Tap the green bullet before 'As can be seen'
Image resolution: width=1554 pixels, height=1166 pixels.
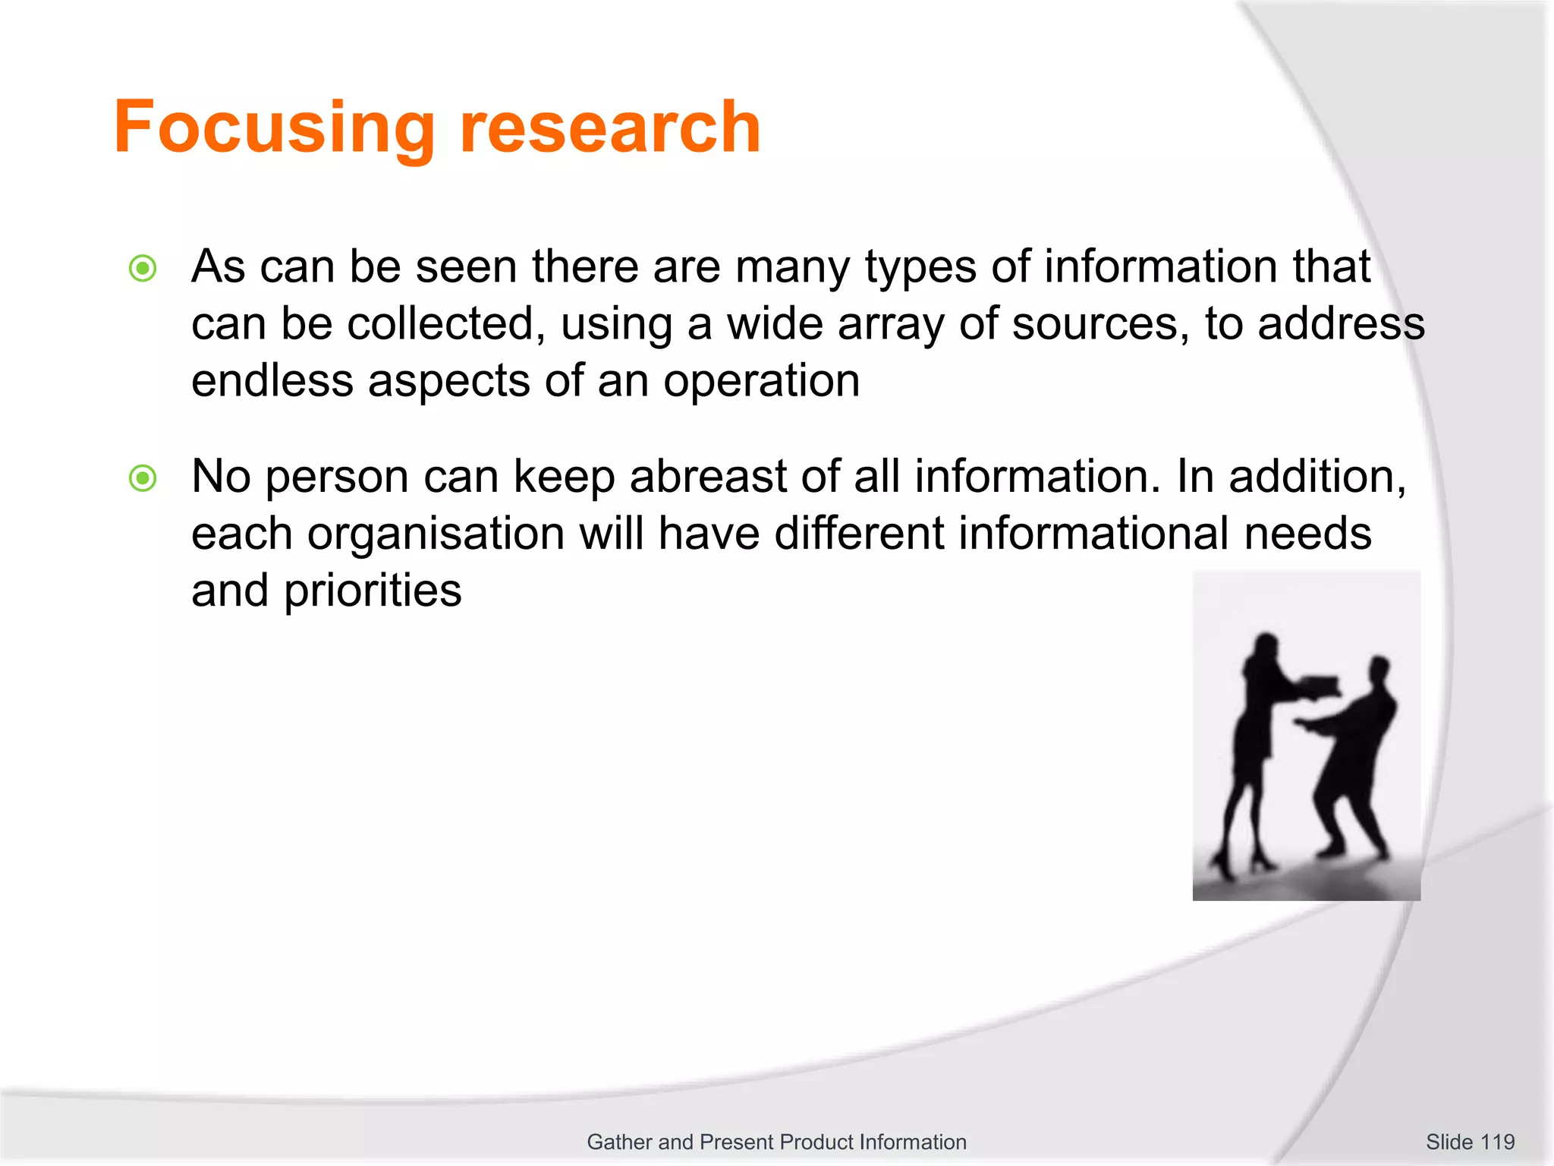tap(143, 268)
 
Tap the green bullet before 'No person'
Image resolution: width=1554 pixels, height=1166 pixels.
tap(143, 478)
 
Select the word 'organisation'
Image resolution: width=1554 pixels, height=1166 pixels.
tap(436, 534)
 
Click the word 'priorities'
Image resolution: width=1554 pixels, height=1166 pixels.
tap(372, 591)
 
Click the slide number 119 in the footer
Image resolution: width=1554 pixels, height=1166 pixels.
tap(1496, 1142)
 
